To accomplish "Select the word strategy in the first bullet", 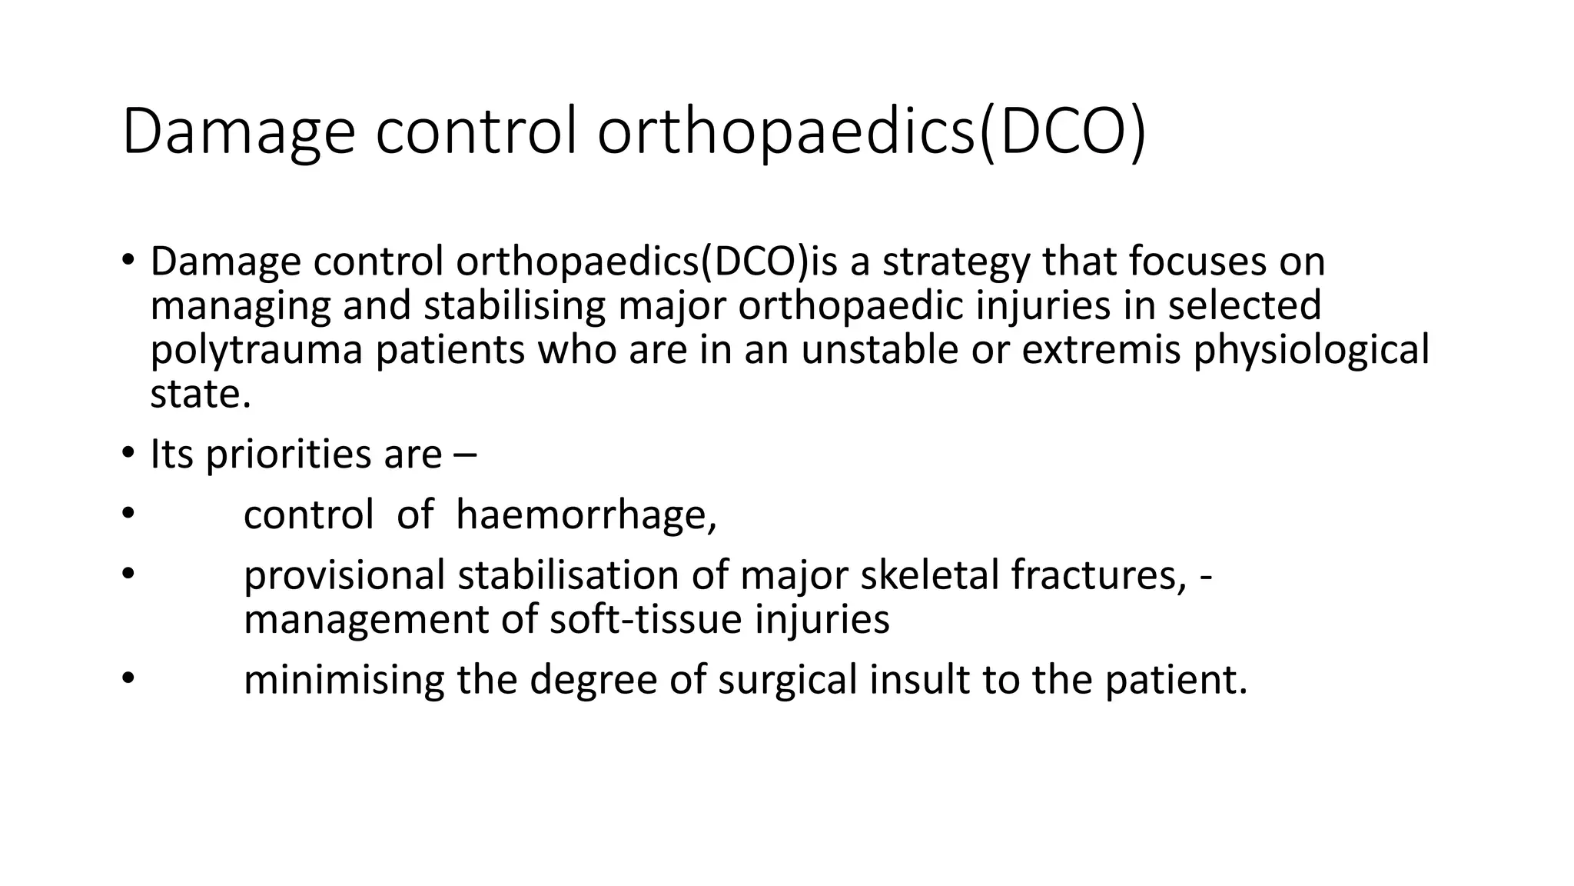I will [955, 262].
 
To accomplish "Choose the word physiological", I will [1311, 350].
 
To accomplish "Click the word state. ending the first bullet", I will [201, 395].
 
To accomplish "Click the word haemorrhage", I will [586, 515].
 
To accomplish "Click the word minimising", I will [344, 680].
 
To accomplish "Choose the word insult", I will [919, 680].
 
